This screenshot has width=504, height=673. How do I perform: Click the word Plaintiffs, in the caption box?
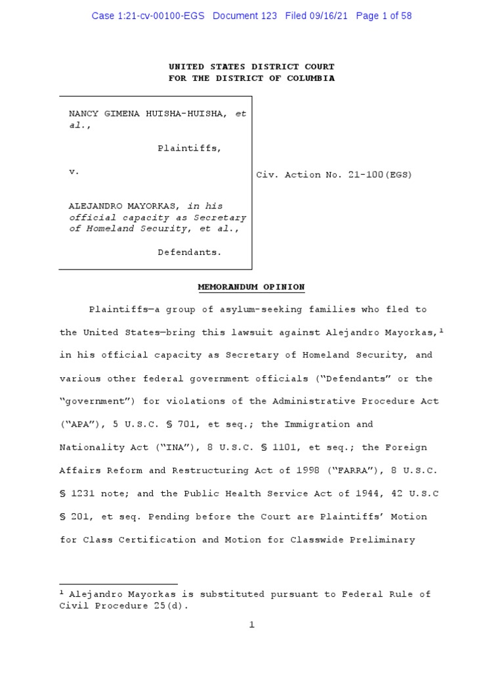pyautogui.click(x=190, y=149)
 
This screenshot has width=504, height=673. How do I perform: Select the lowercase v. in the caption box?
pyautogui.click(x=74, y=172)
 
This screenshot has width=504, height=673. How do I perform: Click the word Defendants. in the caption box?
pyautogui.click(x=190, y=252)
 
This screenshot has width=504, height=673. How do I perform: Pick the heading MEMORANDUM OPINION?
pyautogui.click(x=251, y=287)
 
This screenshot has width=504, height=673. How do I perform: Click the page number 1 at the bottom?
pyautogui.click(x=251, y=624)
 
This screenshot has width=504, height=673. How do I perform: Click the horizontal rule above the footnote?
pyautogui.click(x=119, y=584)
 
